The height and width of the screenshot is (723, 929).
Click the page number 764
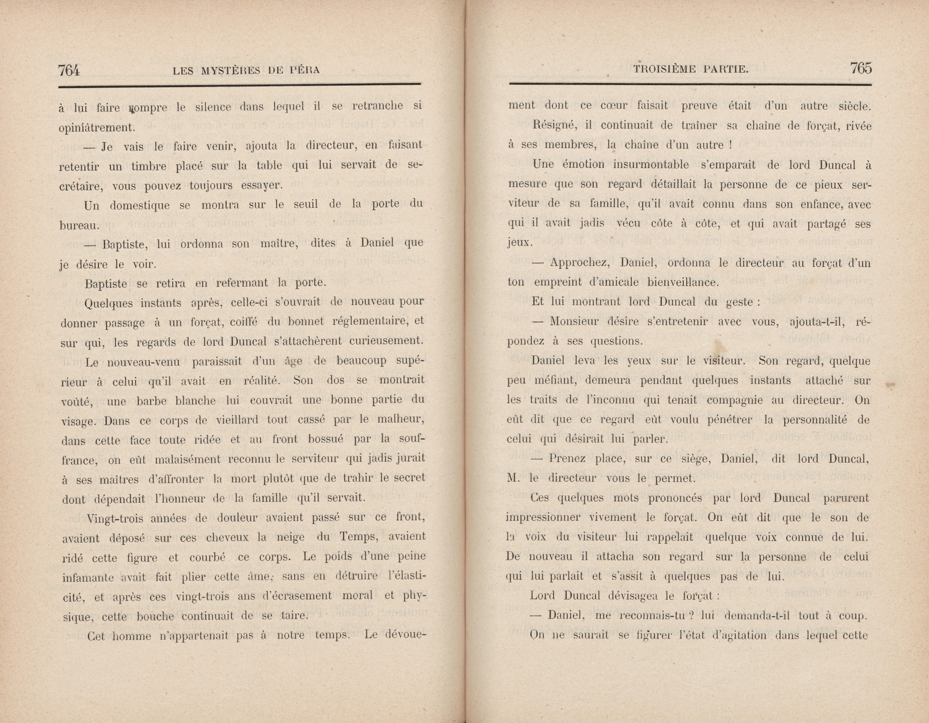(x=69, y=69)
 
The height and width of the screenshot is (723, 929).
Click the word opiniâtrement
(x=96, y=127)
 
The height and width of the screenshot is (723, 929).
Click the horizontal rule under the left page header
(x=239, y=85)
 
